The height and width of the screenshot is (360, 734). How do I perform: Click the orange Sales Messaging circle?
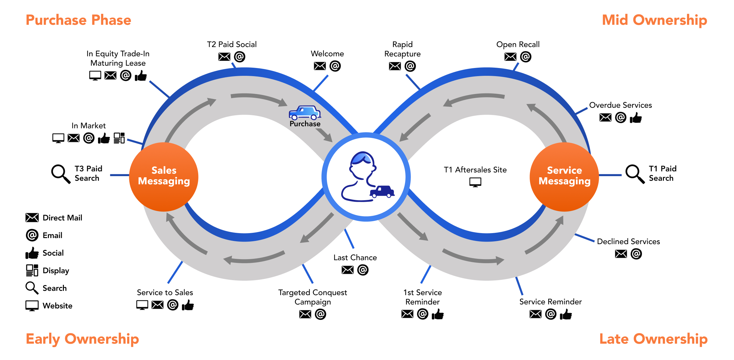click(x=164, y=177)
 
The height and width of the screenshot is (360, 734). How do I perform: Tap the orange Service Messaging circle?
click(x=564, y=177)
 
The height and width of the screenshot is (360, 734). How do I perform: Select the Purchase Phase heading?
click(x=78, y=20)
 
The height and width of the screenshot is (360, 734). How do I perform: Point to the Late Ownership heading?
click(x=653, y=339)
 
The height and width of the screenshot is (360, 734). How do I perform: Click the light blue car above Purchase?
click(x=305, y=112)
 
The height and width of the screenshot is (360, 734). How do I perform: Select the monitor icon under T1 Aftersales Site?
click(x=475, y=182)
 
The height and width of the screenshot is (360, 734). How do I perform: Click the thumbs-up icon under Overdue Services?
click(x=636, y=118)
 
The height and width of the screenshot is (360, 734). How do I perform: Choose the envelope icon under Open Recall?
click(x=510, y=57)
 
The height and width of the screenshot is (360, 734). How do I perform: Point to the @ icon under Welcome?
click(x=335, y=66)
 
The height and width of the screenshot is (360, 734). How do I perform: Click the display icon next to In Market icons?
click(x=119, y=138)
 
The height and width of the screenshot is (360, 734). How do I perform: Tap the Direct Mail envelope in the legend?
click(x=32, y=218)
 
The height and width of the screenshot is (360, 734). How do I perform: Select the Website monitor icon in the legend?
click(x=32, y=305)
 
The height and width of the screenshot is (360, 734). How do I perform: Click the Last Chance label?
click(x=355, y=258)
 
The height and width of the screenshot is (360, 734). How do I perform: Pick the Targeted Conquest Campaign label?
click(x=313, y=297)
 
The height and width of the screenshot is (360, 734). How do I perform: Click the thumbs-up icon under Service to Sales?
click(x=188, y=305)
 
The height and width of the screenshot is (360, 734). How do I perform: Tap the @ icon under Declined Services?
click(x=636, y=254)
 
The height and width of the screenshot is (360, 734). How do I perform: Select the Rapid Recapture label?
click(x=402, y=49)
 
